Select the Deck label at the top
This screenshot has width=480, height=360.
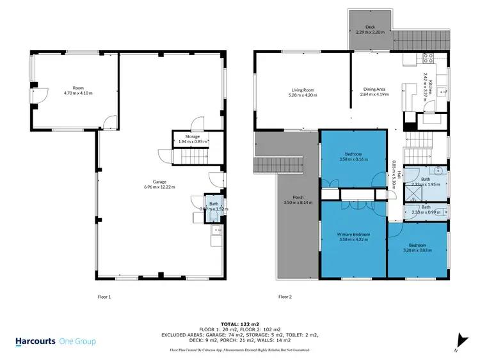pos(369,27)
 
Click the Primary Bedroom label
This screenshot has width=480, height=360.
pos(353,235)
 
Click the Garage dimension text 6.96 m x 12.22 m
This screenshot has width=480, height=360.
pos(159,187)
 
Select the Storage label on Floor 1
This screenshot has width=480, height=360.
pos(193,137)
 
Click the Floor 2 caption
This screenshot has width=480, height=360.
pos(285,297)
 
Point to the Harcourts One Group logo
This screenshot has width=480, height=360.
pos(55,341)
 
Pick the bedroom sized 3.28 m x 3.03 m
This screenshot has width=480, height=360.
pos(417,247)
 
